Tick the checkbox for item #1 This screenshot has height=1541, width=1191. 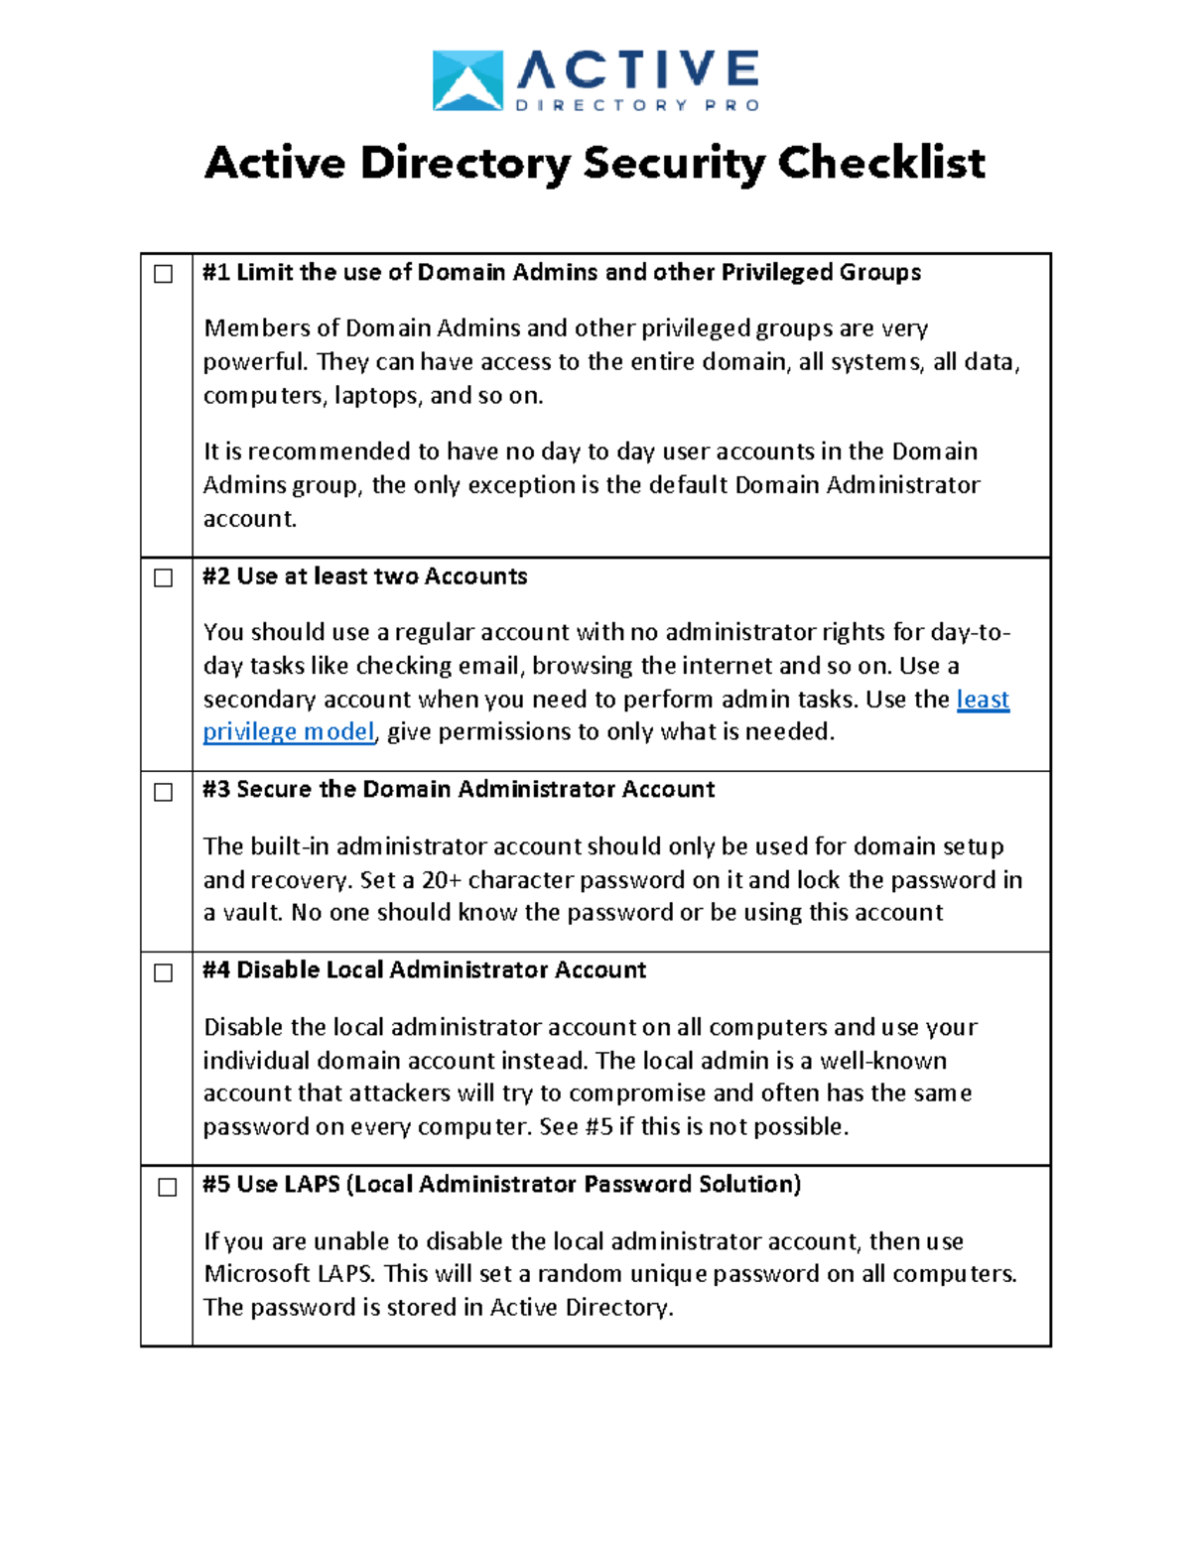(164, 274)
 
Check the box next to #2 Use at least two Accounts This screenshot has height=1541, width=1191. (164, 578)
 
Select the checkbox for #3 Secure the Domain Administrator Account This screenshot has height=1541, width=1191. (164, 792)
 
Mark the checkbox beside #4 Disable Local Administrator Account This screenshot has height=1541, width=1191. (164, 972)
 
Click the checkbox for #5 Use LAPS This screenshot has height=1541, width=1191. (168, 1187)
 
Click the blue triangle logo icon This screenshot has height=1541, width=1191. (467, 80)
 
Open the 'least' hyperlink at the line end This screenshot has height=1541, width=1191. (983, 700)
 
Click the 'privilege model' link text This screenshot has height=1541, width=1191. (289, 732)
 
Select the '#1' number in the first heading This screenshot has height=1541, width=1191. (216, 273)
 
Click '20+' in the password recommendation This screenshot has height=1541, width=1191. (442, 880)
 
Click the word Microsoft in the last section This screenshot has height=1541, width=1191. (257, 1274)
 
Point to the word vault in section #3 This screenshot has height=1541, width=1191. (252, 913)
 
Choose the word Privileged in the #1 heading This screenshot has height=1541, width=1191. (777, 273)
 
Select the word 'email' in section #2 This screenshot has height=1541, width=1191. (487, 666)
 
